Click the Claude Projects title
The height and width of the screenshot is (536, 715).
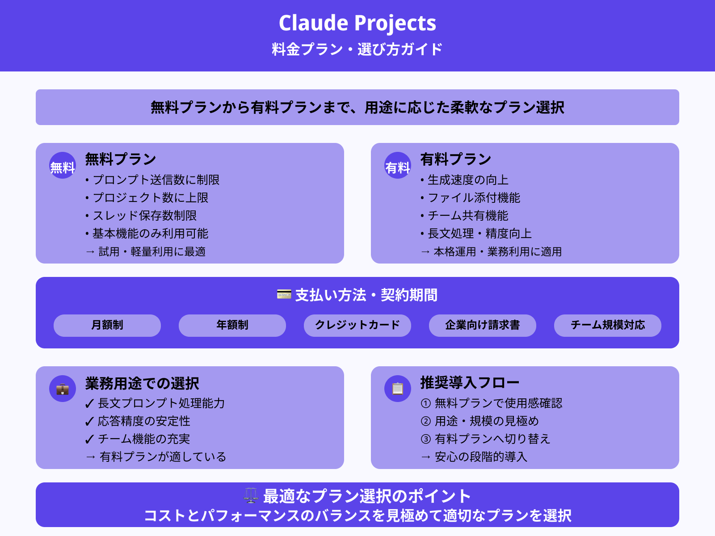pyautogui.click(x=357, y=23)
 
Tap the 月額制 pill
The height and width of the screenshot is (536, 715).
pyautogui.click(x=107, y=325)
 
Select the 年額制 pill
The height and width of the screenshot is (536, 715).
pyautogui.click(x=232, y=325)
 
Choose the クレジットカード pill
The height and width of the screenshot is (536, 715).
pyautogui.click(x=357, y=325)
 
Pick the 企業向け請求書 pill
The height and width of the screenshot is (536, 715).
pyautogui.click(x=483, y=325)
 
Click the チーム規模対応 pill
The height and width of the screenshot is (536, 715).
pyautogui.click(x=608, y=325)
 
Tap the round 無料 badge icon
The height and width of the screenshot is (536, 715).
pyautogui.click(x=63, y=166)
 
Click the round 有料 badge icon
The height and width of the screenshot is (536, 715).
pyautogui.click(x=398, y=166)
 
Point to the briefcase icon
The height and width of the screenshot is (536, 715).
pyautogui.click(x=63, y=389)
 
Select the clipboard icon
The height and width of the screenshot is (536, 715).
pyautogui.click(x=398, y=389)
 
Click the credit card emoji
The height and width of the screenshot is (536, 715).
pyautogui.click(x=284, y=294)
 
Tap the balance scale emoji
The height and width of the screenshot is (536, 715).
pyautogui.click(x=251, y=495)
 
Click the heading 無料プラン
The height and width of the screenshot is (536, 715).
pyautogui.click(x=121, y=159)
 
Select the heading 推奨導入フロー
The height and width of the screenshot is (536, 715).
pyautogui.click(x=470, y=383)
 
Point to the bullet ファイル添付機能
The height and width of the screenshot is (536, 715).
pyautogui.click(x=474, y=198)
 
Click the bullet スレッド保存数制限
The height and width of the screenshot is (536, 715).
pyautogui.click(x=144, y=216)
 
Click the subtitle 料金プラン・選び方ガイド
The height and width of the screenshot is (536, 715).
pyautogui.click(x=357, y=49)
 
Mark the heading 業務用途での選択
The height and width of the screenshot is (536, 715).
pyautogui.click(x=142, y=383)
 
